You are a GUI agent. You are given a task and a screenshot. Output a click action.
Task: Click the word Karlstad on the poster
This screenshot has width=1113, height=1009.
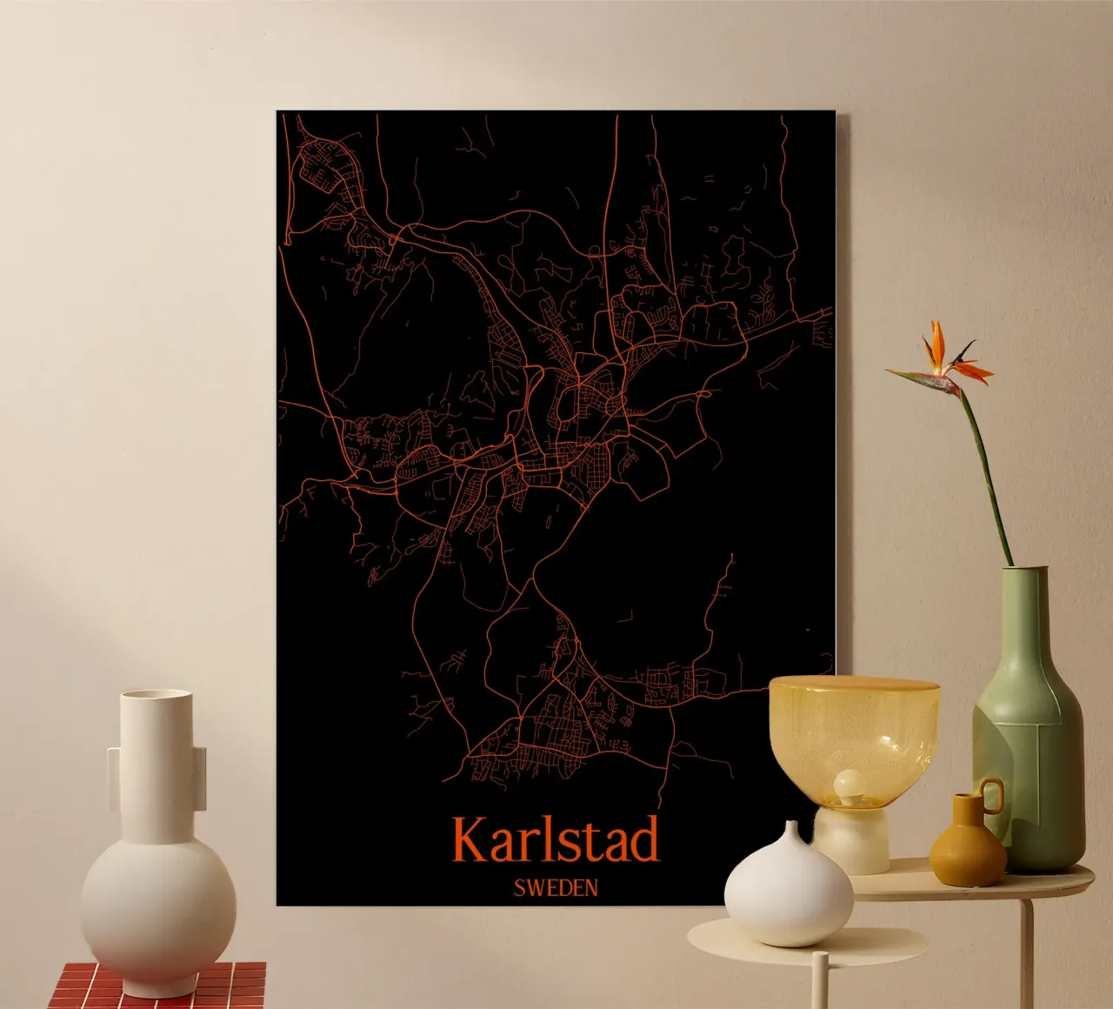(x=555, y=840)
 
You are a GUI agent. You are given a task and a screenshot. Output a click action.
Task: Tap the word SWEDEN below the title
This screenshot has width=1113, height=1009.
(x=556, y=888)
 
